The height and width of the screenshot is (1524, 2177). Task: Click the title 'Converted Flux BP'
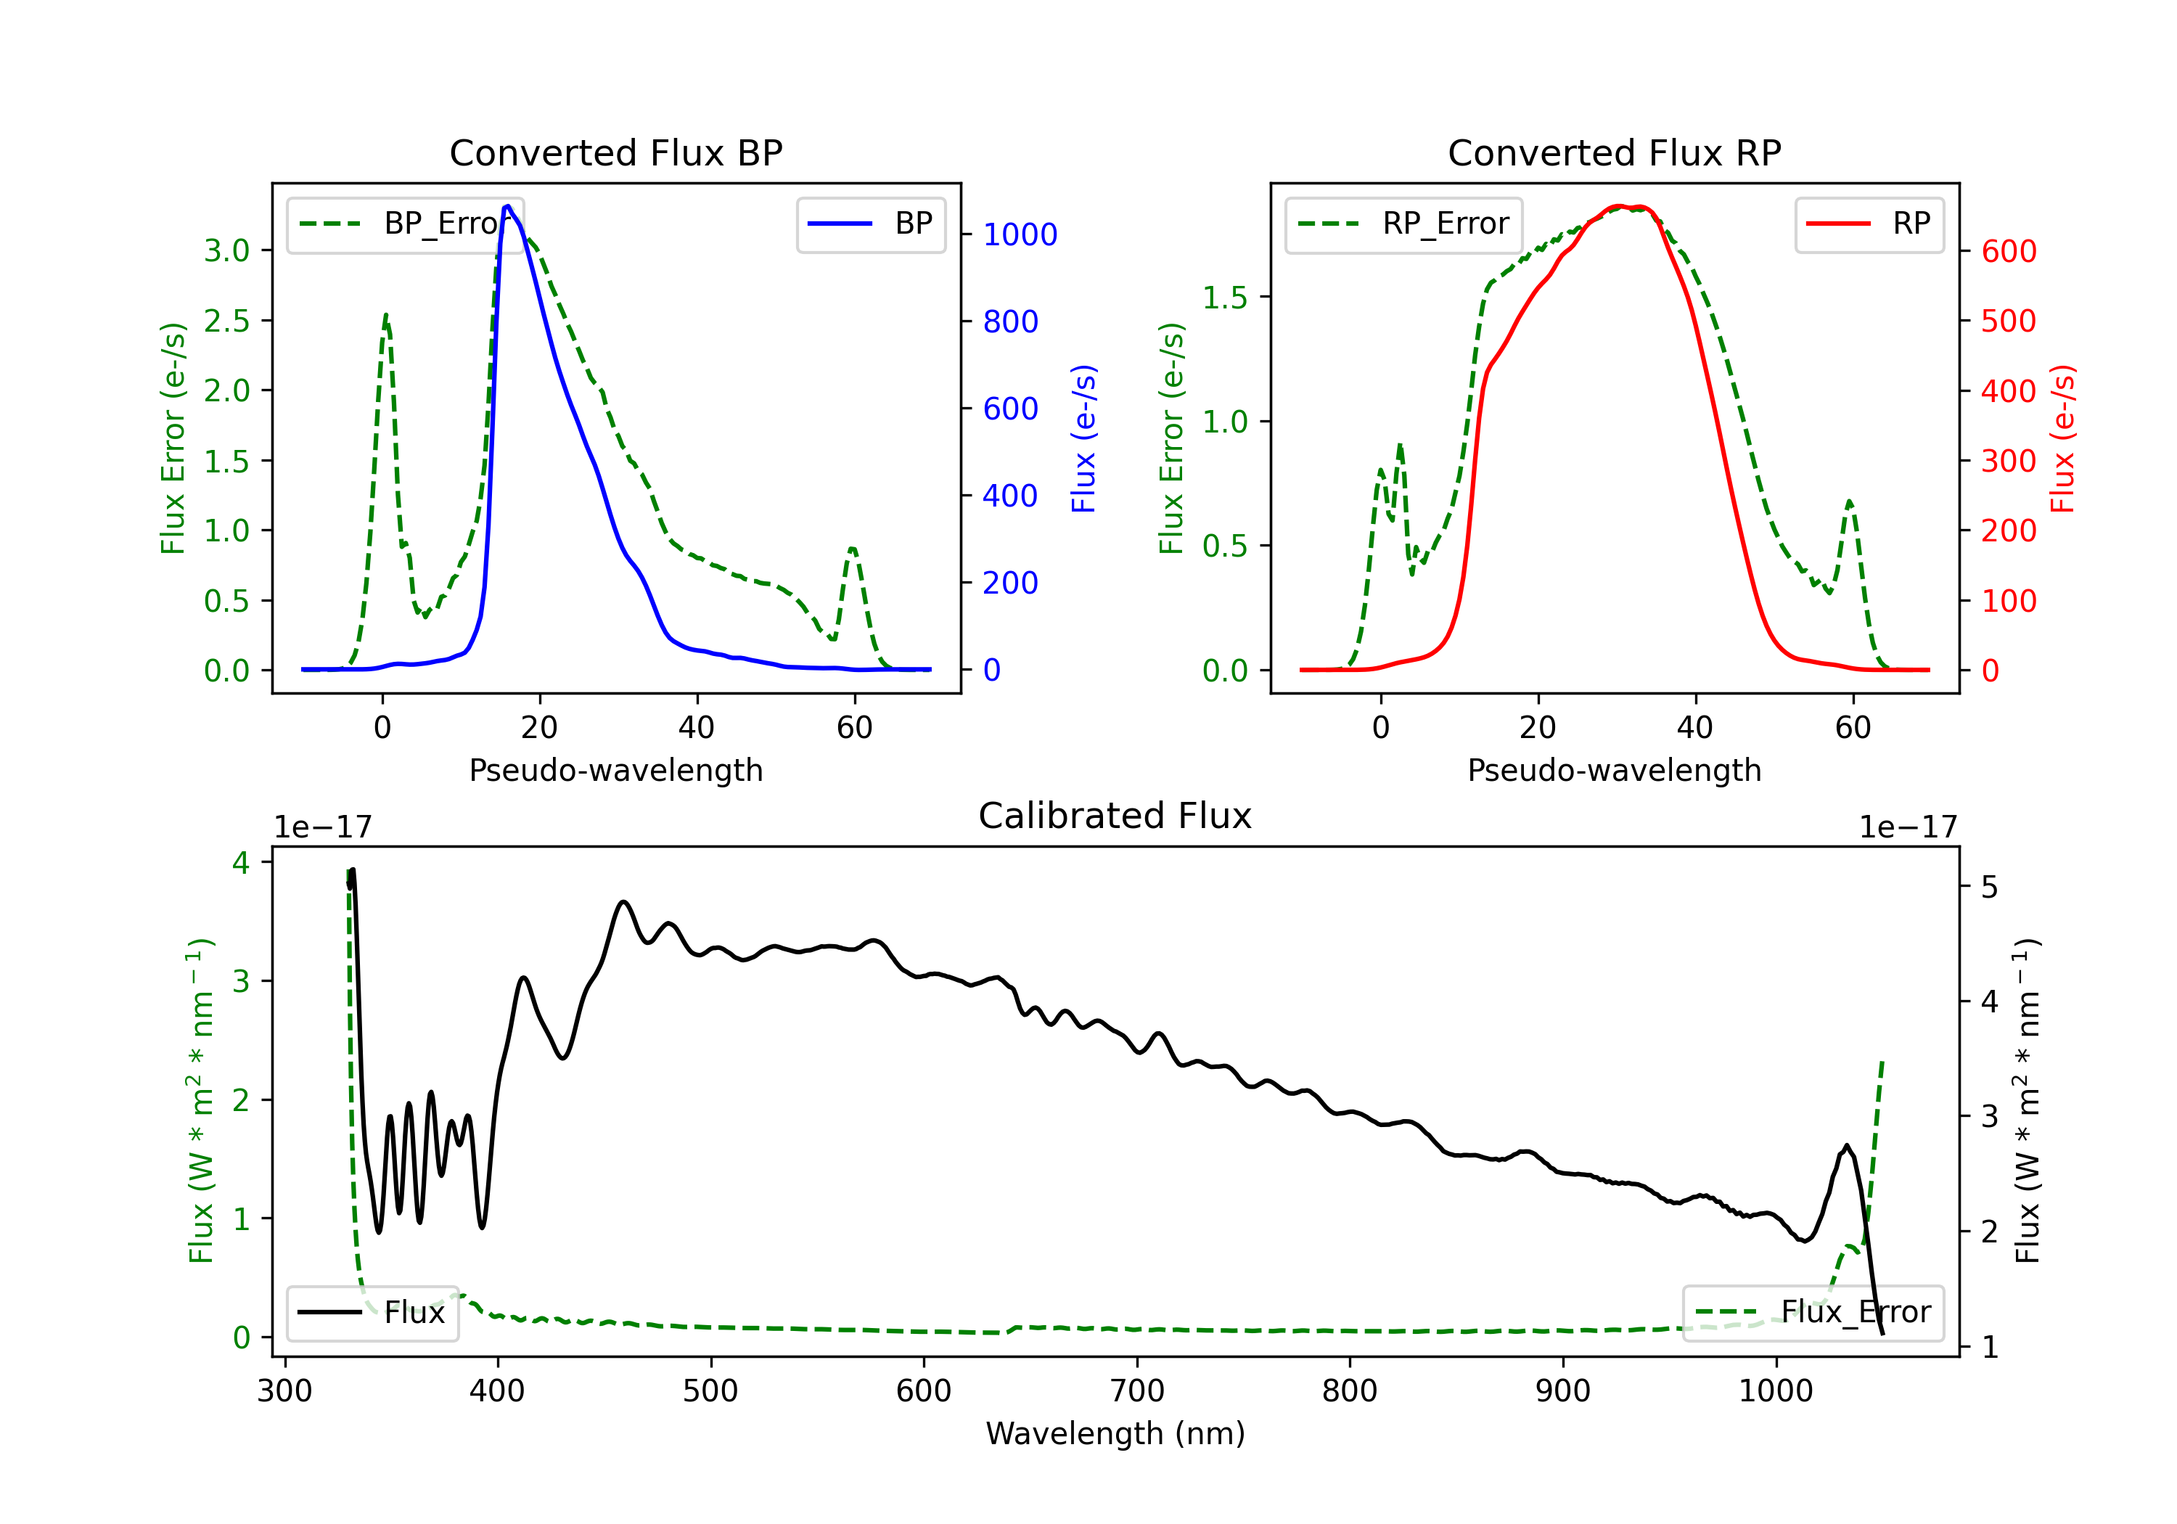pyautogui.click(x=615, y=152)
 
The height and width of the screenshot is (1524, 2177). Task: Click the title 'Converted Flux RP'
pyautogui.click(x=1614, y=152)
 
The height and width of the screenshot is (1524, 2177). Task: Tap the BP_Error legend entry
pyautogui.click(x=405, y=224)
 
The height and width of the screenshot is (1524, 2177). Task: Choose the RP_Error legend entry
pyautogui.click(x=1403, y=224)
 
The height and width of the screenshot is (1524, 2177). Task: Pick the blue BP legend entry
pyautogui.click(x=870, y=224)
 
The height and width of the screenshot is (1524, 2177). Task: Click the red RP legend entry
pyautogui.click(x=1869, y=224)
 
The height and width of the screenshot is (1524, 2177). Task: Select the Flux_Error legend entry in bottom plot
pyautogui.click(x=1813, y=1313)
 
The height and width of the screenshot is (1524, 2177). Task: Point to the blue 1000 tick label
pyautogui.click(x=1020, y=234)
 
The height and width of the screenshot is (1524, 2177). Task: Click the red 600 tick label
pyautogui.click(x=2008, y=251)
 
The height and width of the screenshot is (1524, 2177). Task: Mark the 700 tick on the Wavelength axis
pyautogui.click(x=1137, y=1391)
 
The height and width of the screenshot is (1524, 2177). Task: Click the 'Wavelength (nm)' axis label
pyautogui.click(x=1115, y=1434)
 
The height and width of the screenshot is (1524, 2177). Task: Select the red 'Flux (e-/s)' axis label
pyautogui.click(x=2062, y=438)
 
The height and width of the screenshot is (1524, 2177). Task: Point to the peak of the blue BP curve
pyautogui.click(x=507, y=206)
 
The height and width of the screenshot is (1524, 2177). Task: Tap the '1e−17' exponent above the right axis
pyautogui.click(x=1908, y=827)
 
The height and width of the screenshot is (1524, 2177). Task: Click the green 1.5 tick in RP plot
pyautogui.click(x=1225, y=298)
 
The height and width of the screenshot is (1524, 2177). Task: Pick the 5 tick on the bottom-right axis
pyautogui.click(x=1989, y=888)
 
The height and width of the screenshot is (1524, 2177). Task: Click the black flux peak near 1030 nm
pyautogui.click(x=1846, y=1146)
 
